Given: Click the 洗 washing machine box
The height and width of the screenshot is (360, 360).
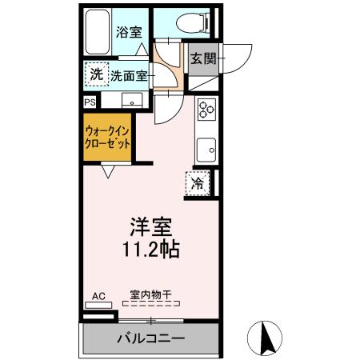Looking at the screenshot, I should point(96,75).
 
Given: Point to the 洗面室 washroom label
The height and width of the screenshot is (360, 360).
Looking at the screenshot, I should point(128,76).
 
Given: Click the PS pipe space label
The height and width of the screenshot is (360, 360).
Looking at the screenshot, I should point(89,102).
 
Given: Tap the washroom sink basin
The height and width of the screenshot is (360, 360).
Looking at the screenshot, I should point(130,101).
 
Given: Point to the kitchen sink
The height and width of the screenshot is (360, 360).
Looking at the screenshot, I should point(207,148).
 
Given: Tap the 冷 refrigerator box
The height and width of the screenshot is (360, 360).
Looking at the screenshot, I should point(198,183).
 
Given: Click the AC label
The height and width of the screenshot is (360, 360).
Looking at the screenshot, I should point(98,296).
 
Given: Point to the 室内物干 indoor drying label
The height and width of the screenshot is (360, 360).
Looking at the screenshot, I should point(150,295).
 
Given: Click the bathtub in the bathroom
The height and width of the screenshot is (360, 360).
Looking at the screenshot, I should point(97,33).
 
